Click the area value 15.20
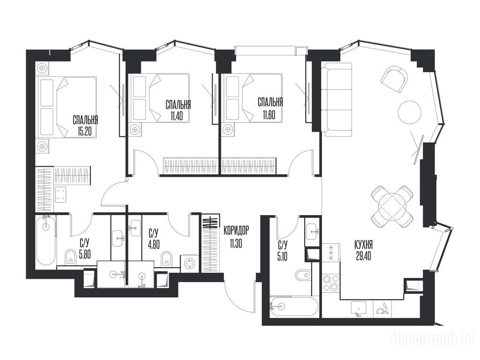[x=85, y=132]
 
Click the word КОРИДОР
[x=236, y=231]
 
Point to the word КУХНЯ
[x=363, y=245]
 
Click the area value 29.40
[x=364, y=256]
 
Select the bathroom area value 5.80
[x=85, y=255]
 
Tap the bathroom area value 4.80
[x=154, y=245]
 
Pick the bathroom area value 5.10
[x=283, y=255]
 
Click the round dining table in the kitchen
[x=392, y=206]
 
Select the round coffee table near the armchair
[x=409, y=112]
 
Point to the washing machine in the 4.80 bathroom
[x=188, y=264]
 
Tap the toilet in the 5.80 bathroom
[x=71, y=256]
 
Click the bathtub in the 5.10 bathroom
[x=293, y=306]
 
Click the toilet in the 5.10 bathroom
[x=303, y=275]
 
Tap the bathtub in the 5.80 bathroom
[x=46, y=240]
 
